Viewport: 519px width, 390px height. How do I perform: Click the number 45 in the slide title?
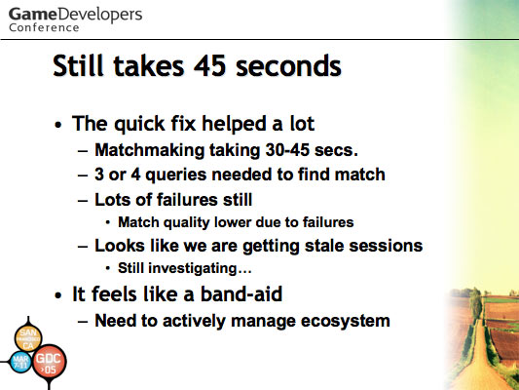[x=210, y=66]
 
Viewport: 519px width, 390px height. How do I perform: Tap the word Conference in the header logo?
[x=44, y=27]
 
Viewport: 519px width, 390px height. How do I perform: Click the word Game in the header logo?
[x=33, y=15]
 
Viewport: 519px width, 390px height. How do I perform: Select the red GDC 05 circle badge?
[x=49, y=362]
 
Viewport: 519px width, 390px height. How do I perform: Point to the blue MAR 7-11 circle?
[x=20, y=362]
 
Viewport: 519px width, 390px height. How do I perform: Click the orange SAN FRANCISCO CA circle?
[x=28, y=338]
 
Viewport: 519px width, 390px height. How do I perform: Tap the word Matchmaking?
[x=150, y=150]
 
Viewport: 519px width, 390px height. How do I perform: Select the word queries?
[x=176, y=175]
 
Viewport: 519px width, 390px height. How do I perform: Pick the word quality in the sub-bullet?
[x=187, y=222]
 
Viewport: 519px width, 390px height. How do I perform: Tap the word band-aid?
[x=241, y=293]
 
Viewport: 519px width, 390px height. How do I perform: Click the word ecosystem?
[x=346, y=322]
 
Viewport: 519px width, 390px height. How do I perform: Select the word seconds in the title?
[x=288, y=66]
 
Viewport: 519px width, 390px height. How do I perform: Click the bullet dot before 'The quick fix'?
[x=58, y=125]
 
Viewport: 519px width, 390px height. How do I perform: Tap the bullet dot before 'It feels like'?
[x=58, y=294]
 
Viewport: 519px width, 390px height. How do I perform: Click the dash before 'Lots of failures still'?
[x=83, y=201]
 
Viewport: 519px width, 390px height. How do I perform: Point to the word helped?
[x=235, y=125]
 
